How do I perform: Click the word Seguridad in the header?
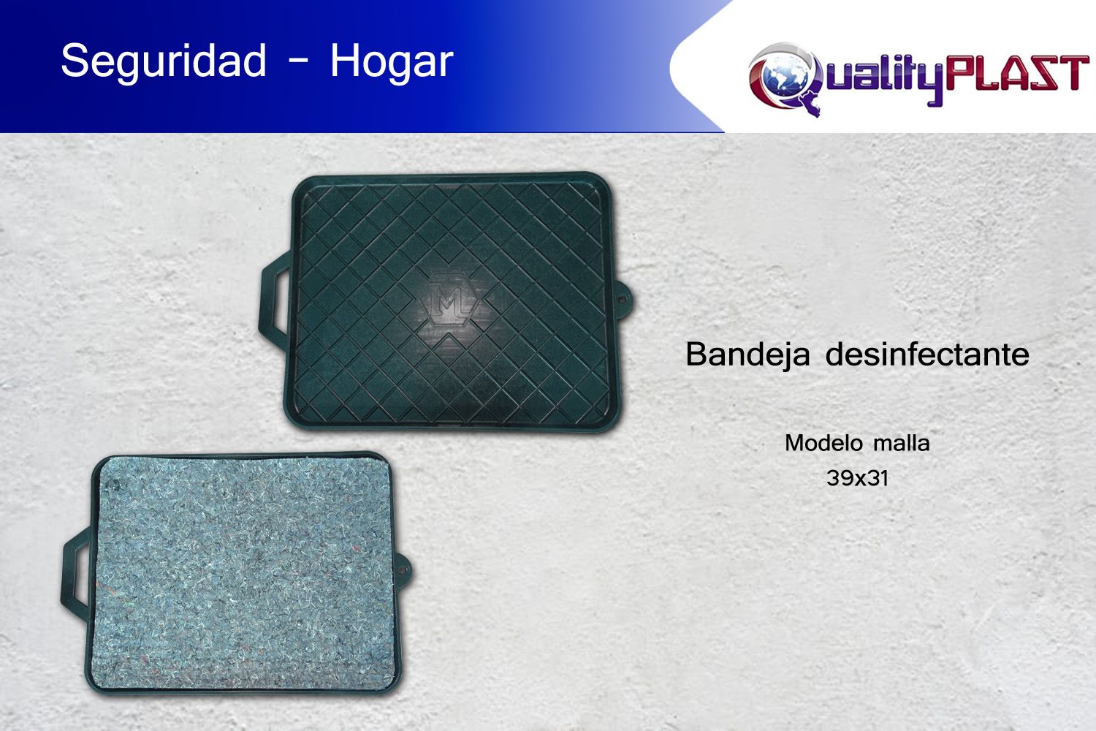(x=164, y=61)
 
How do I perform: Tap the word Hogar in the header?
(x=392, y=61)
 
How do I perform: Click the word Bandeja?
(x=747, y=354)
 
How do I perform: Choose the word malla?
(x=902, y=443)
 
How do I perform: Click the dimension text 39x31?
(x=857, y=478)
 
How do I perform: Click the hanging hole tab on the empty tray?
(x=625, y=299)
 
